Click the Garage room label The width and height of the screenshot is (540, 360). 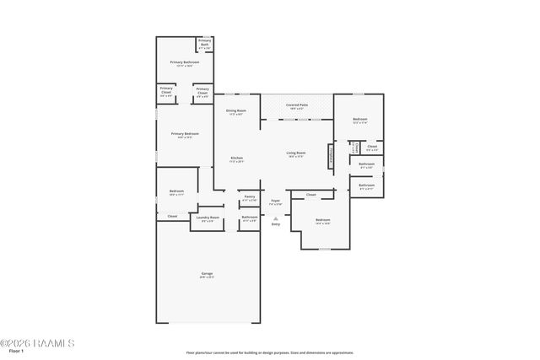point(207,274)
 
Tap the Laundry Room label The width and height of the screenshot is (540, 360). point(208,218)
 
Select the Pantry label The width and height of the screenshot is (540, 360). point(250,196)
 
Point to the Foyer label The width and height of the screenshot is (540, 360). point(275,201)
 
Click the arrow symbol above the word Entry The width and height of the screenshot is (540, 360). point(275,218)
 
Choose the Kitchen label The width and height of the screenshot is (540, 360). point(237,159)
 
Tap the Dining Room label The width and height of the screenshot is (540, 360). point(235,111)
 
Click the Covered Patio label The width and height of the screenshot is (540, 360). point(297,105)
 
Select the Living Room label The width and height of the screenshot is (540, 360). point(295,153)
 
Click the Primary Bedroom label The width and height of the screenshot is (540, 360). point(185,133)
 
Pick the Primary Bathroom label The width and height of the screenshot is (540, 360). point(184,62)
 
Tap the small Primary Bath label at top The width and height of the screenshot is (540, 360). point(204,41)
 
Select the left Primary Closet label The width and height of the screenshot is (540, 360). point(166,90)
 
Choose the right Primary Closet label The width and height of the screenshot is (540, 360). point(202,90)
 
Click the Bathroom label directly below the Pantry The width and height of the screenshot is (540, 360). point(250,218)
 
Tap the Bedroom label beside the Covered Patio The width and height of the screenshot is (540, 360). point(360,120)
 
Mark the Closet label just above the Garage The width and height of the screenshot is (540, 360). point(172,216)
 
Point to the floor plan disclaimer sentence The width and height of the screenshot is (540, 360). point(269,352)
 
